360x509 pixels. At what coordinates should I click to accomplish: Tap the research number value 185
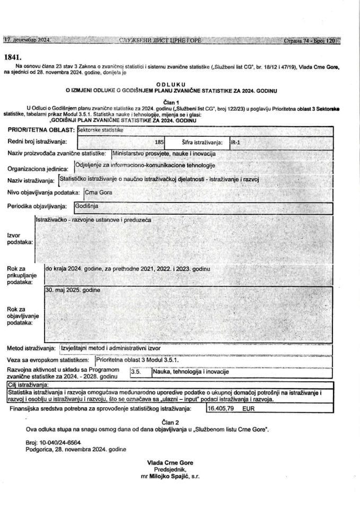tap(158, 142)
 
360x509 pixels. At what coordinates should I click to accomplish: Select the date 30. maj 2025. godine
tap(73, 290)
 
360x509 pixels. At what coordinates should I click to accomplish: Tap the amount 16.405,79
tap(222, 409)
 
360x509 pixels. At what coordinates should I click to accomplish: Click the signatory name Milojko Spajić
tap(166, 477)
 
